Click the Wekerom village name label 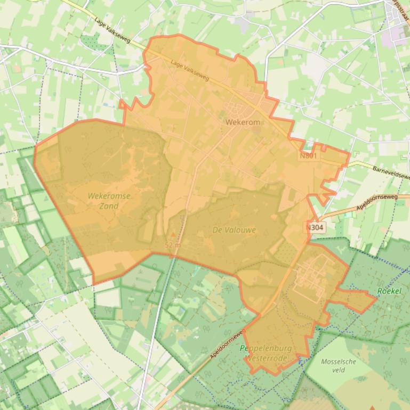tap(243, 122)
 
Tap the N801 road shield tap(308, 156)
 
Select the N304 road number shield tap(315, 227)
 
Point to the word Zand tap(109, 206)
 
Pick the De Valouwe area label tap(234, 230)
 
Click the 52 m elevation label tap(173, 245)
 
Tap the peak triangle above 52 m tap(172, 234)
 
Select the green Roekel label tap(388, 291)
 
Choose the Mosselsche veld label tap(339, 365)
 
